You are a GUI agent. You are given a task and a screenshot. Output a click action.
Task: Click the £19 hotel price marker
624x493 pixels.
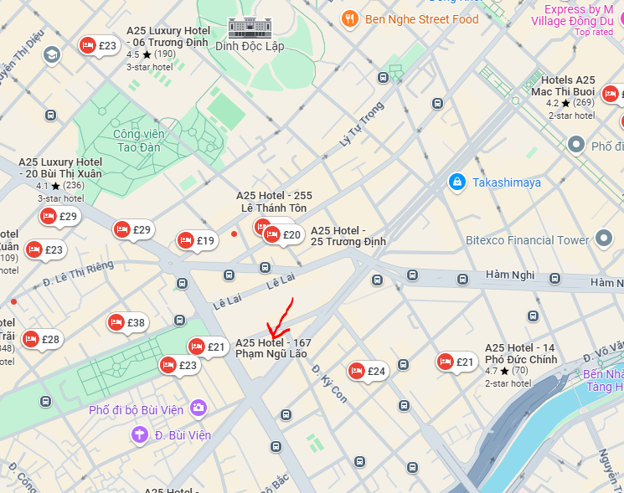(197, 241)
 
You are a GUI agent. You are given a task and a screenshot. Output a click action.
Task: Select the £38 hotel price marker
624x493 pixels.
(126, 322)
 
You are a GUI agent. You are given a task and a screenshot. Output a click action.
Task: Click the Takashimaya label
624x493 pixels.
(507, 182)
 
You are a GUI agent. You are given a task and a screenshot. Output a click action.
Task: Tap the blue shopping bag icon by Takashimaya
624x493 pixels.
(456, 182)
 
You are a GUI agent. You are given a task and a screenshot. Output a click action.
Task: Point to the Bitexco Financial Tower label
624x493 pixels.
(528, 240)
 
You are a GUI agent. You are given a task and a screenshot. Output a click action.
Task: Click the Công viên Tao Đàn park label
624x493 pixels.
(140, 140)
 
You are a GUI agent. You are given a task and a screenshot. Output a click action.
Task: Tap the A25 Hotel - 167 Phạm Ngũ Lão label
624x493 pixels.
(273, 348)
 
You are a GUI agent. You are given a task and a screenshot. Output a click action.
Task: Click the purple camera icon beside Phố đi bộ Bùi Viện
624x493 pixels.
(199, 408)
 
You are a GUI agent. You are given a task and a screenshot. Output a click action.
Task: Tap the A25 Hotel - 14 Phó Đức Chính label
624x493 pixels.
(520, 353)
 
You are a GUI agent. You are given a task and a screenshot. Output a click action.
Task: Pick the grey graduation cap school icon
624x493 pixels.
(51, 55)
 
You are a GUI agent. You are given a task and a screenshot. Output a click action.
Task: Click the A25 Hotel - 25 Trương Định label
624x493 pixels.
(348, 236)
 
